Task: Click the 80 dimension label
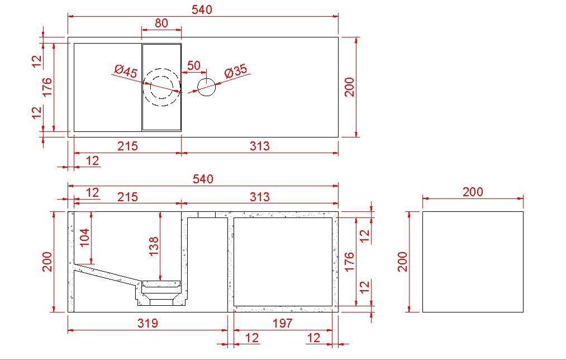click(x=161, y=23)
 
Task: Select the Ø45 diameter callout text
click(x=126, y=71)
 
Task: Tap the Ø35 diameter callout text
click(x=236, y=71)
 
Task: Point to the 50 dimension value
click(x=194, y=66)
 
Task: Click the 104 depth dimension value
click(x=84, y=237)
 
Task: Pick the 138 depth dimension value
click(x=154, y=246)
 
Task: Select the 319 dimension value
click(x=148, y=323)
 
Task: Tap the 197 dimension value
click(x=282, y=323)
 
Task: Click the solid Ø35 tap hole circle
click(x=207, y=87)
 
